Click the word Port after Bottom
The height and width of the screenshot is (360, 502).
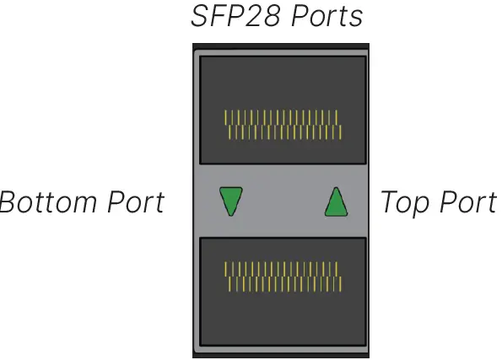click(135, 203)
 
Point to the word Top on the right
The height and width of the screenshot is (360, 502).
click(403, 203)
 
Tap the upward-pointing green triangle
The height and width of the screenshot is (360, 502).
click(336, 202)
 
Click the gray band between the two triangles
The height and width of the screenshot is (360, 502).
click(283, 202)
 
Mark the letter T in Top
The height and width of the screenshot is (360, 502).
click(388, 203)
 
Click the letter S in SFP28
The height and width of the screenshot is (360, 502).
click(199, 17)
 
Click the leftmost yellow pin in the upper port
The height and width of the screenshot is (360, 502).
click(225, 117)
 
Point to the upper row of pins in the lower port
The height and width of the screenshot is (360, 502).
click(281, 269)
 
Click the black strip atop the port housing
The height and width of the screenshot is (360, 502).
click(282, 47)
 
